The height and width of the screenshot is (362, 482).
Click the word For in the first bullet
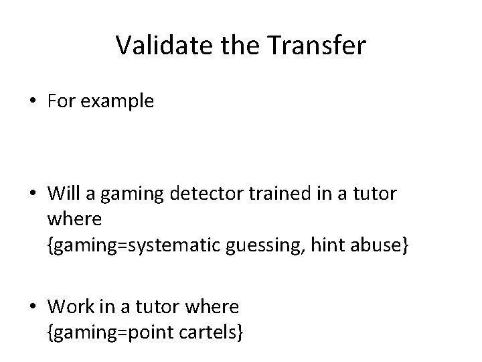pos(60,101)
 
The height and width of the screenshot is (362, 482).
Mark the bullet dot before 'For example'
pos(33,102)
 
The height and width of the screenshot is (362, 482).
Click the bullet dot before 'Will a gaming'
pos(33,194)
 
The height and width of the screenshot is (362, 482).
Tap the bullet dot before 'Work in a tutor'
pos(33,307)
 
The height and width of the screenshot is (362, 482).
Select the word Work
pos(69,307)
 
